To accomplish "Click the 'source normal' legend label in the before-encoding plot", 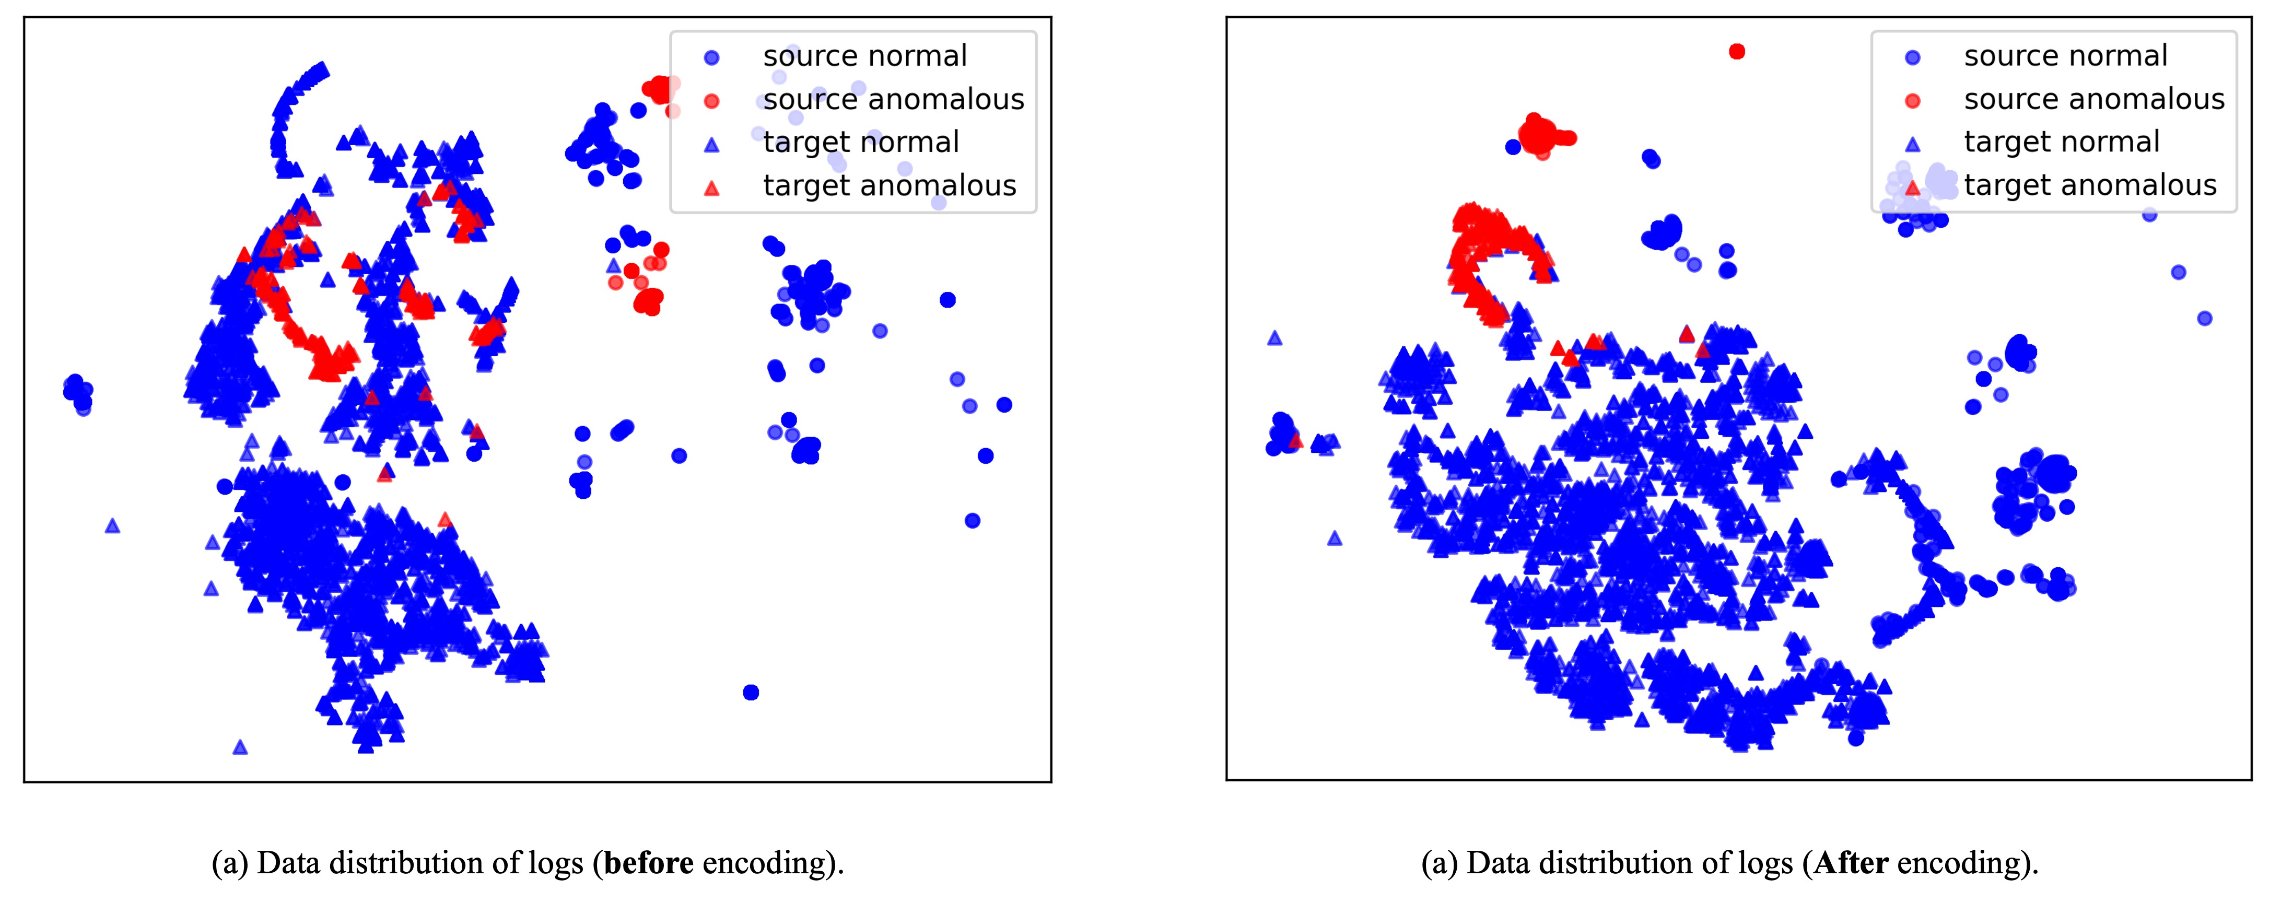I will click(864, 56).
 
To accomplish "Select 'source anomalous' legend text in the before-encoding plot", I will click(893, 99).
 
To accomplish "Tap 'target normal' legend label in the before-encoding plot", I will click(861, 142).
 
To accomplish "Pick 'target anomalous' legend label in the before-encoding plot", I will click(889, 185).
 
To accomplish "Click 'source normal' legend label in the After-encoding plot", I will click(2065, 56).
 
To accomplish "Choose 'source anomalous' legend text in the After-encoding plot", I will click(2093, 99).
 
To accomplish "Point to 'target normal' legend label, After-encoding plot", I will click(2062, 142).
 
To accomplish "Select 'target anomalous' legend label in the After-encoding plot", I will click(2090, 185).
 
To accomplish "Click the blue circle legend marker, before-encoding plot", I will click(711, 57).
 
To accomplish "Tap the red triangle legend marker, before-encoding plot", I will click(711, 188).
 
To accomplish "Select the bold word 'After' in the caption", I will click(1851, 862).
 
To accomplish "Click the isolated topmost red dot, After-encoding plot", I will click(1736, 51).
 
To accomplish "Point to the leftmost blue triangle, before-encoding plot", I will click(112, 526).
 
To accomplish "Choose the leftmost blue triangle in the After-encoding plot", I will click(1274, 337).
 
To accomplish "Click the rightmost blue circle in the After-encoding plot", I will click(2205, 318).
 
